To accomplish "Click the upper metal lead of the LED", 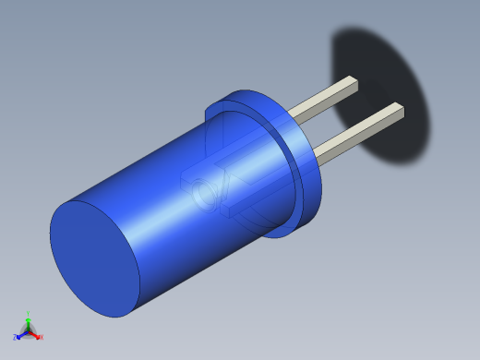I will tap(323, 100).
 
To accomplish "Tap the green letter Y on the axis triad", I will tap(29, 314).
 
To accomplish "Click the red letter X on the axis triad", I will tap(42, 338).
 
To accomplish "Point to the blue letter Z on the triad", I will tap(15, 338).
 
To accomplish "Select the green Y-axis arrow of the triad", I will tap(29, 322).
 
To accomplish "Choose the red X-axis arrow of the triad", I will tap(35, 334).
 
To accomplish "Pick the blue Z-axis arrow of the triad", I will tap(21, 334).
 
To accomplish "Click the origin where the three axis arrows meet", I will tap(29, 330).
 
